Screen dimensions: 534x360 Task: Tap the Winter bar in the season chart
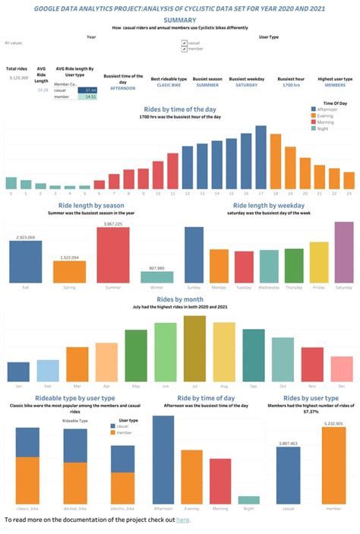coord(156,276)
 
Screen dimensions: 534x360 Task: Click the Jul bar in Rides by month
coord(194,349)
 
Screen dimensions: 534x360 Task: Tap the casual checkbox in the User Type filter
coord(185,43)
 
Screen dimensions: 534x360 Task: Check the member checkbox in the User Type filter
coord(185,50)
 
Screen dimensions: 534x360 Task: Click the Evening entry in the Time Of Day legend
coord(327,116)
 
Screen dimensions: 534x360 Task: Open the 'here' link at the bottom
coord(183,520)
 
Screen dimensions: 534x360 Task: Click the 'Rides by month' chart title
coord(180,299)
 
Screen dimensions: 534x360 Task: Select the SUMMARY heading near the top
coord(179,20)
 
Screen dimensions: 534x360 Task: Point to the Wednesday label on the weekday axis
coord(269,288)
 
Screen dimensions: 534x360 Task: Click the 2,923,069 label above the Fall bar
coord(25,238)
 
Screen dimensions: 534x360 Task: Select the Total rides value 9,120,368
coord(19,77)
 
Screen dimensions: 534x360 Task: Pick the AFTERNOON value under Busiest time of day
coord(122,87)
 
